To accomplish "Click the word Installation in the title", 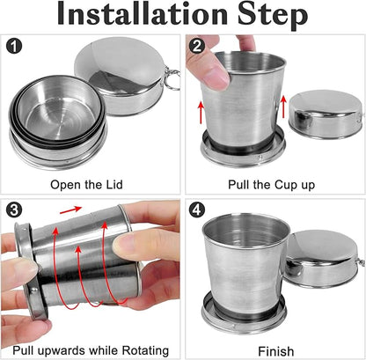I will (143, 15).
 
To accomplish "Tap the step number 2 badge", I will (198, 46).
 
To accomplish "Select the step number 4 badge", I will (198, 209).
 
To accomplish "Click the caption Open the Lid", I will (91, 186).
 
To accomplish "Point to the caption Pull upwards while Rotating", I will (91, 349).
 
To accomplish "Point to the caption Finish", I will (274, 349).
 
